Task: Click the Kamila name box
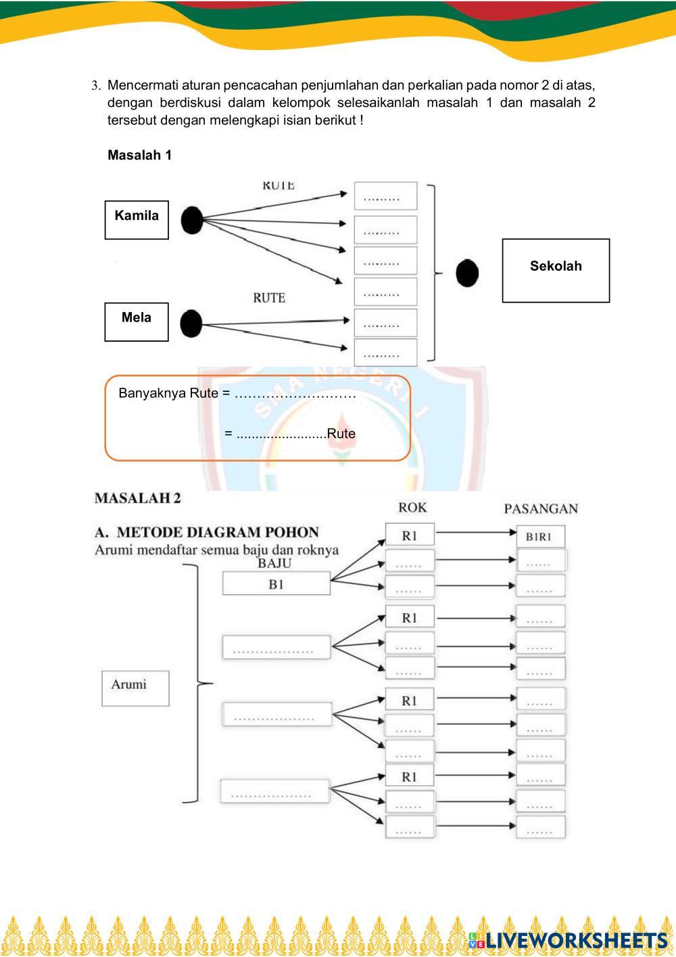pos(137,219)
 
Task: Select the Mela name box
pos(137,321)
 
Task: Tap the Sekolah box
pos(556,270)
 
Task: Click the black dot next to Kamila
pos(192,220)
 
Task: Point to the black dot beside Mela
pos(191,324)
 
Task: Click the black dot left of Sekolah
pos(467,273)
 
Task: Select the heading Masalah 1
pos(140,155)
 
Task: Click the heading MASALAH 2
pos(138,498)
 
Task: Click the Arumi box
pos(135,688)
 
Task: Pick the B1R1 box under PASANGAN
pos(539,537)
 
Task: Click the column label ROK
pos(412,508)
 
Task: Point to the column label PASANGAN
pos(541,508)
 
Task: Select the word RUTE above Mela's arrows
pos(269,298)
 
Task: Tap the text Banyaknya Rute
pos(168,393)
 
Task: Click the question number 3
pos(96,86)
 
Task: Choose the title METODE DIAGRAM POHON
pos(217,532)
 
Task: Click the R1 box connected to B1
pos(410,536)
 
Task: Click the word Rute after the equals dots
pos(341,434)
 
